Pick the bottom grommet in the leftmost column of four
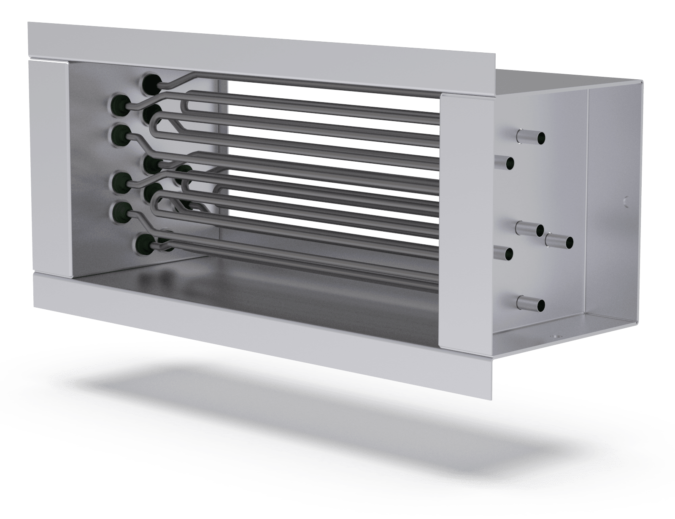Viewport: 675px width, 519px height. tap(119, 210)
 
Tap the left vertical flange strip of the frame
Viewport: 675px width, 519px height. tap(46, 165)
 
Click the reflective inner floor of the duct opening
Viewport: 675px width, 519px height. tap(253, 278)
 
